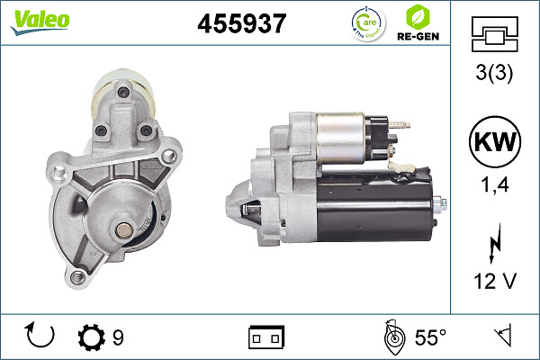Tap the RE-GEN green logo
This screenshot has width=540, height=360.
419,22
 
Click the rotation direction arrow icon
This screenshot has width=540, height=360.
41,337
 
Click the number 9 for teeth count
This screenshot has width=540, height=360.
118,337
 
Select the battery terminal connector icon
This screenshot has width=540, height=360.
266,337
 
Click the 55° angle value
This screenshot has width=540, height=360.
429,337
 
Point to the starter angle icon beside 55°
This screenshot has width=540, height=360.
391,337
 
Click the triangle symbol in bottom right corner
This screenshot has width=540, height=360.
501,337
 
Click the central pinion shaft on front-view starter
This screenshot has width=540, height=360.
121,231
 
